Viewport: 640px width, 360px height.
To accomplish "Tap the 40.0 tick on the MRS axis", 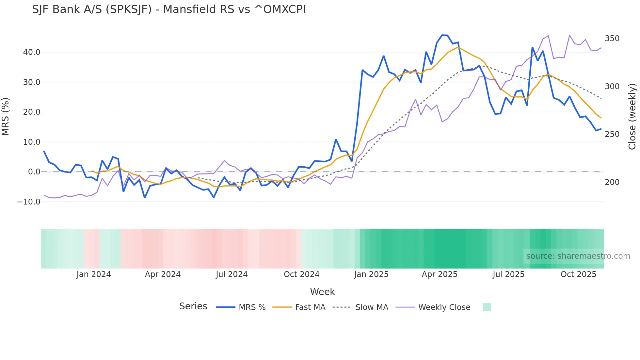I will pyautogui.click(x=32, y=52).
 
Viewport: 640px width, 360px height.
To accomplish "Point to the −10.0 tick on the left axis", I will pyautogui.click(x=29, y=202).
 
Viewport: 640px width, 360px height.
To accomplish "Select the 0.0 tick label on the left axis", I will pyautogui.click(x=34, y=172).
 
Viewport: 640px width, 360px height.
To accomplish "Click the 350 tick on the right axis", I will pyautogui.click(x=612, y=39).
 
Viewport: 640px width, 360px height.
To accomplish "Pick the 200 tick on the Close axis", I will pyautogui.click(x=612, y=182).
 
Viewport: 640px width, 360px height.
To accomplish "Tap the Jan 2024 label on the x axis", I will pyautogui.click(x=94, y=274).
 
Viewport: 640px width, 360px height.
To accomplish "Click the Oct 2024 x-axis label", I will pyautogui.click(x=301, y=274).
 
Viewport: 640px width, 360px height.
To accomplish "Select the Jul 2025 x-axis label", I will pyautogui.click(x=508, y=274).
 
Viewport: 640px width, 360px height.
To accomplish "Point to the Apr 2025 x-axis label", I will pyautogui.click(x=440, y=274).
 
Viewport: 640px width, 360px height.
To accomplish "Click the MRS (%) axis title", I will pyautogui.click(x=6, y=117).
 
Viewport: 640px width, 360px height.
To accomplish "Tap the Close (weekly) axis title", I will pyautogui.click(x=632, y=117).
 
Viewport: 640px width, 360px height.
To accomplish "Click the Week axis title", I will pyautogui.click(x=322, y=292).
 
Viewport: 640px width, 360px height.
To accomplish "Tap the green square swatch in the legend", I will pyautogui.click(x=487, y=307).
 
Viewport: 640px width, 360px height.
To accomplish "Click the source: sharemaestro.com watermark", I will pyautogui.click(x=578, y=256).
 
